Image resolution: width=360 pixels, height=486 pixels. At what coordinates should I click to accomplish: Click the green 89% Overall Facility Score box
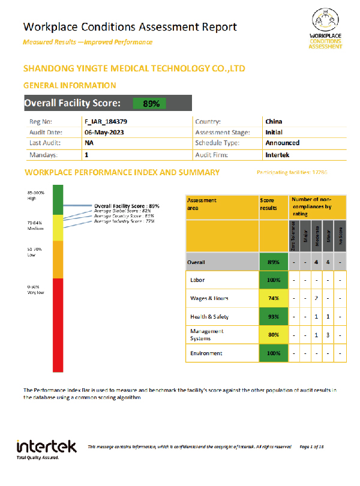coord(151,103)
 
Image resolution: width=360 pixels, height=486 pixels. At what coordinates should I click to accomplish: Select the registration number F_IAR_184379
coord(106,122)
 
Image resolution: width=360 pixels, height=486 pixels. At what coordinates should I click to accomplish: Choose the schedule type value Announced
coord(282,143)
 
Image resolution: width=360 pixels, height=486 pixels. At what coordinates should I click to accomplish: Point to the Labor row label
coord(197,280)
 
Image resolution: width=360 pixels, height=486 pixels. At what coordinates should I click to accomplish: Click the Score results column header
coord(268,205)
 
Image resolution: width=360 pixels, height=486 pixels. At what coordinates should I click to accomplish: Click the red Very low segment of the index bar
coord(58,324)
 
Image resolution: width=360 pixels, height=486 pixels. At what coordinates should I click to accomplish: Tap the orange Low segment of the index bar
coord(58,259)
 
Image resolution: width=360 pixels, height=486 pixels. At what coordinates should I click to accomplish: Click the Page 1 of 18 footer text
coord(311,446)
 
